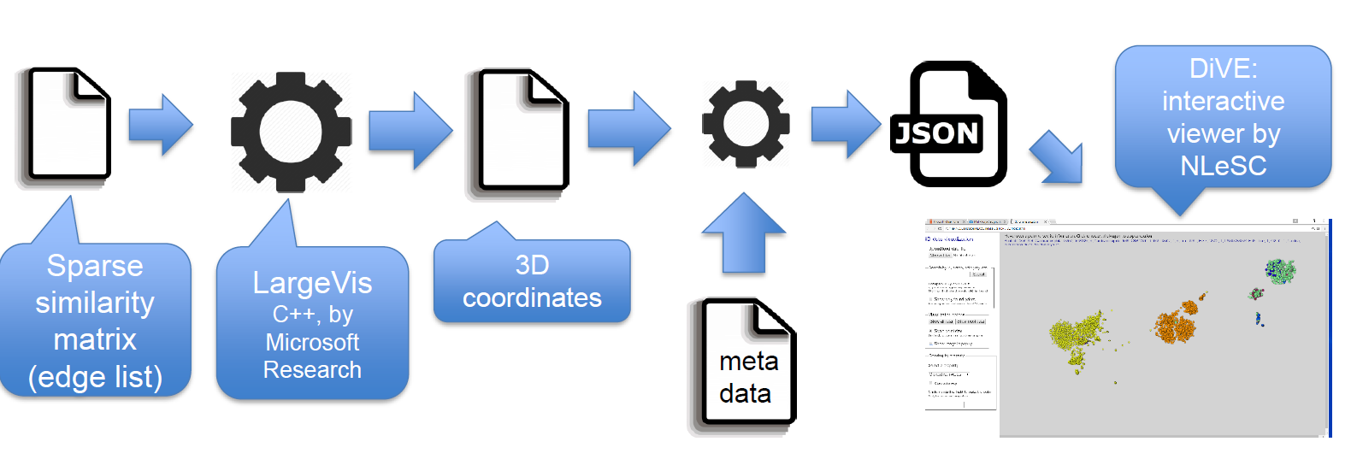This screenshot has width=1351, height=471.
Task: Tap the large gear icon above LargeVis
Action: pos(291,132)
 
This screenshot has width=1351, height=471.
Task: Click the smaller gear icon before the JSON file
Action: pos(746,124)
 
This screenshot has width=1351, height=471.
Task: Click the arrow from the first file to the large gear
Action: pos(161,125)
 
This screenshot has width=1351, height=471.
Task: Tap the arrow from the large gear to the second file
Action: pos(410,130)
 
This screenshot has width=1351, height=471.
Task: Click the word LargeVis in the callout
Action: pos(312,283)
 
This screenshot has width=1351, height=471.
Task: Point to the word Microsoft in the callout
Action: pos(312,342)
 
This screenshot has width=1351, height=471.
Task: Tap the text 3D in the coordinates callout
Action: pos(532,266)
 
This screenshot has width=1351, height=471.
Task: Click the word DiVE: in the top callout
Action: pos(1223,68)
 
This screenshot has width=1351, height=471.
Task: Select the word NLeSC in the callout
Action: pos(1223,165)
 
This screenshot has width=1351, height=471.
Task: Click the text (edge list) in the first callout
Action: pos(95,377)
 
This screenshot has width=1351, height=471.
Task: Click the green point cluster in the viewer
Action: pos(1280,272)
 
